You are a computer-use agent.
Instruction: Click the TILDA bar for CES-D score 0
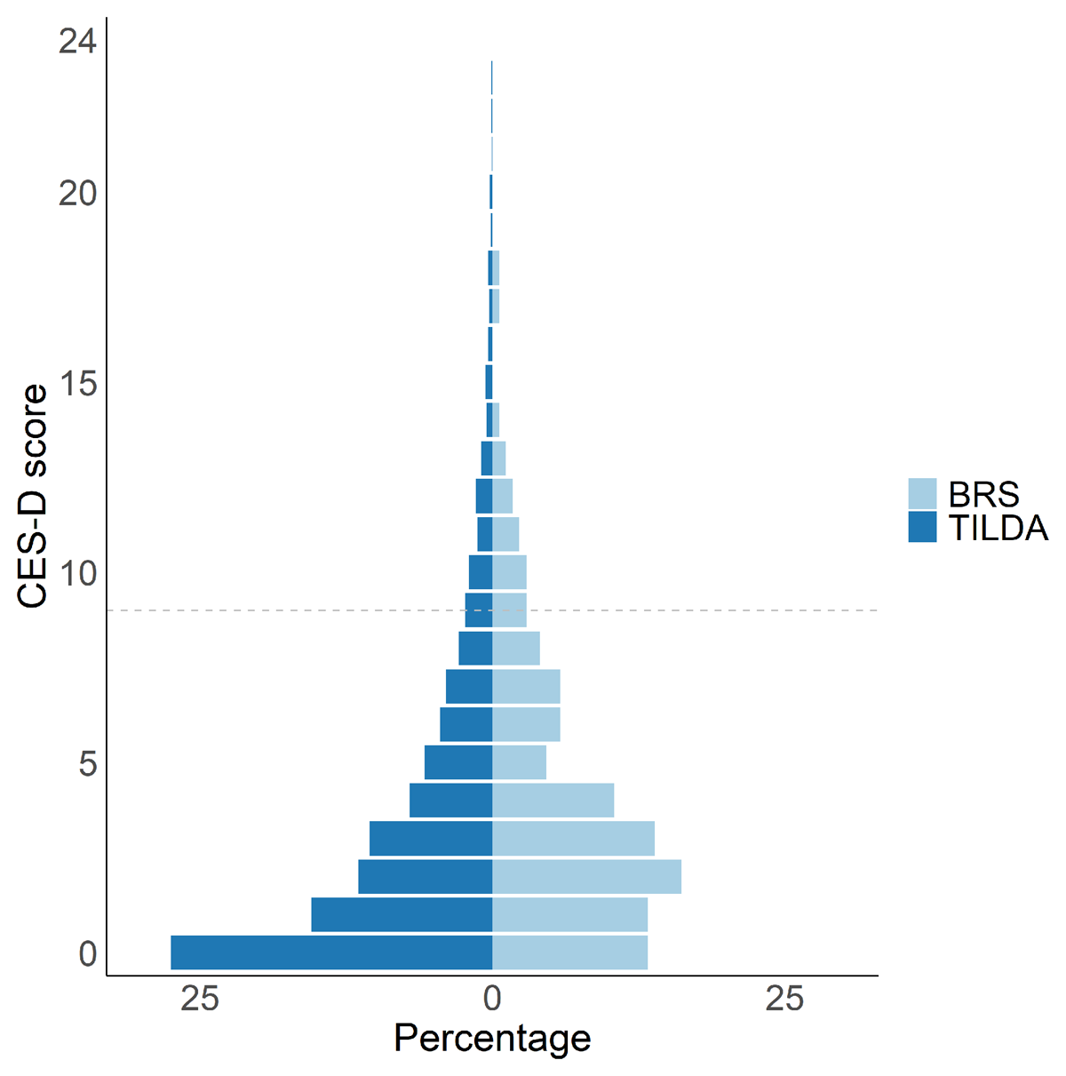click(331, 952)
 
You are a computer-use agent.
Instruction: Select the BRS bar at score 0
click(569, 952)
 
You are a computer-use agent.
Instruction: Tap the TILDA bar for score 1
click(402, 914)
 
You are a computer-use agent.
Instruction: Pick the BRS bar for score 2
click(586, 877)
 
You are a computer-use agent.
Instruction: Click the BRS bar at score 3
click(573, 839)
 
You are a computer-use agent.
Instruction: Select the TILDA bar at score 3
click(431, 839)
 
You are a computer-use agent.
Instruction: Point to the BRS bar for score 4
click(553, 801)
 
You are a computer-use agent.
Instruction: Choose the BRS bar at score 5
click(519, 762)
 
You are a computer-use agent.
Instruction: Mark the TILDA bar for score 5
click(458, 762)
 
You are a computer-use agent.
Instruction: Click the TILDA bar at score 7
click(469, 687)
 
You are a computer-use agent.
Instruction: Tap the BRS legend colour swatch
click(922, 493)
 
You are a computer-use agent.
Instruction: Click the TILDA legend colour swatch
click(922, 527)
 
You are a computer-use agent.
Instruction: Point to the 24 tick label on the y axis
click(77, 41)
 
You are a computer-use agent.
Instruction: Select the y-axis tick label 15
click(77, 384)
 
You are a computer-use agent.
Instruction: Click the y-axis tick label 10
click(77, 573)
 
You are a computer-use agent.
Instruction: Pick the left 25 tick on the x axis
click(200, 1000)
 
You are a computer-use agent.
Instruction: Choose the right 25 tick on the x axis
click(784, 1000)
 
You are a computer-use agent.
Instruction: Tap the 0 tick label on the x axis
click(492, 1000)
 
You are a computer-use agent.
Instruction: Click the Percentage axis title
click(492, 1038)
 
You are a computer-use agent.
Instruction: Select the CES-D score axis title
click(33, 496)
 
